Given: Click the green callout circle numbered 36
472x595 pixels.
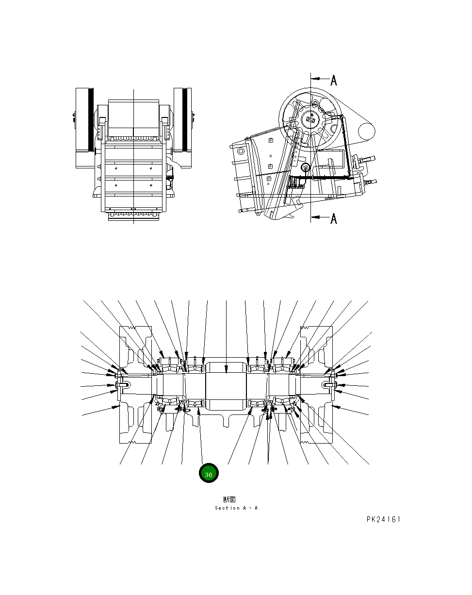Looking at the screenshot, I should (x=209, y=474).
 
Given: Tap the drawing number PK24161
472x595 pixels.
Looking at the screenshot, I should (x=383, y=519).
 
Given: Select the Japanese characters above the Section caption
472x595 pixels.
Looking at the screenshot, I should (x=229, y=499).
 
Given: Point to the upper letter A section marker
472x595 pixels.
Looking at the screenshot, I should (x=334, y=80).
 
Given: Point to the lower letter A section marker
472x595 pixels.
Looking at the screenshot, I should (x=334, y=219).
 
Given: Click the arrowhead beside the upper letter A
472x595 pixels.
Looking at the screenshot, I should (x=313, y=78).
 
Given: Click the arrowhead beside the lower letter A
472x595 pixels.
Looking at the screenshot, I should (x=313, y=218).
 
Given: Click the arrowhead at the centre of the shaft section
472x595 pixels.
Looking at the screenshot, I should (x=227, y=371).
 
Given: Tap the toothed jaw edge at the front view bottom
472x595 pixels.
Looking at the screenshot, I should (x=134, y=214).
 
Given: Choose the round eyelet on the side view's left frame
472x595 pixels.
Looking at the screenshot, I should (x=239, y=151).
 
